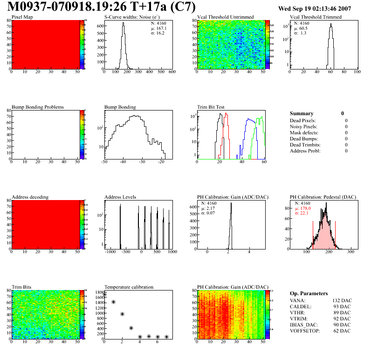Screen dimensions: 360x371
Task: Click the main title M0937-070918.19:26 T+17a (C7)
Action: pos(102,7)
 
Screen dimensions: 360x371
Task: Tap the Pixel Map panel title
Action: pos(22,17)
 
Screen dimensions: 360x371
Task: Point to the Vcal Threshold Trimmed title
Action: pos(316,17)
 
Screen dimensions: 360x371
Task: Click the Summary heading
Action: pos(302,113)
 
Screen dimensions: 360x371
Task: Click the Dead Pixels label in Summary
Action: pos(303,120)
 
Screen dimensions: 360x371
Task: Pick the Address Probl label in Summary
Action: pos(305,151)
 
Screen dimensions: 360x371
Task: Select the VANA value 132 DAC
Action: pos(341,300)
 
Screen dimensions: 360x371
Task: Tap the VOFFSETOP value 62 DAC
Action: pos(343,331)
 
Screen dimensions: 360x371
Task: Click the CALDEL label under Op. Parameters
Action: pos(301,306)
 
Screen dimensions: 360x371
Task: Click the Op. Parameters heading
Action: pos(309,293)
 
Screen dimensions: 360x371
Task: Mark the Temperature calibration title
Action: pos(129,287)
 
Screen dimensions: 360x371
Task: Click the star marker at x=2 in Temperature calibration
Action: pos(122,314)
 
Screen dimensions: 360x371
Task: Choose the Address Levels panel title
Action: pos(120,197)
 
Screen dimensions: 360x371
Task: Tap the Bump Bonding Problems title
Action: pos(38,107)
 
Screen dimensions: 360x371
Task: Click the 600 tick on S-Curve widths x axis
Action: pos(172,72)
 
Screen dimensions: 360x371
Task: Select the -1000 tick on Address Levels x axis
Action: pos(110,252)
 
